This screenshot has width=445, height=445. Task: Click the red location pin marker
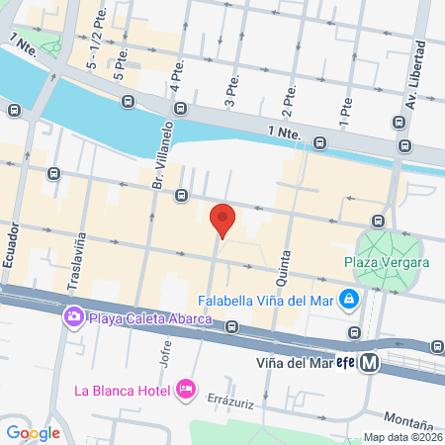pos(223,219)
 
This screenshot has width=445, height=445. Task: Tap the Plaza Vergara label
pos(387,262)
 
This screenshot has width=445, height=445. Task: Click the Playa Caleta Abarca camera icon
pos(73,317)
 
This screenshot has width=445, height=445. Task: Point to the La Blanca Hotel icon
pos(185,389)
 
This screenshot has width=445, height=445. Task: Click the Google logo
pos(33,432)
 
